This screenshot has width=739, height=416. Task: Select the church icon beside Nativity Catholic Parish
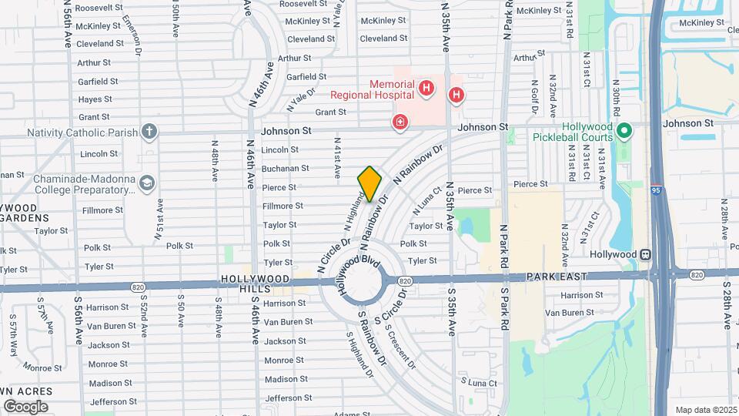click(x=149, y=132)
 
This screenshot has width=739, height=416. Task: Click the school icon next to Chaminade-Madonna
click(x=146, y=183)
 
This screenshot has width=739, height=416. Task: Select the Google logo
click(x=25, y=406)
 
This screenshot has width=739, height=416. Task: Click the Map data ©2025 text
click(x=705, y=410)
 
